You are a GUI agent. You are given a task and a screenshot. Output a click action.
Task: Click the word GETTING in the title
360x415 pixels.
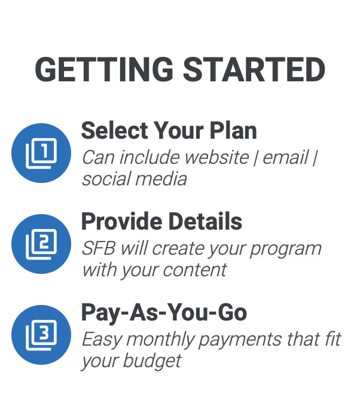pos(104,69)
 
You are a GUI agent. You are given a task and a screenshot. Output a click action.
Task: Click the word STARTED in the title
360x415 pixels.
pos(254,69)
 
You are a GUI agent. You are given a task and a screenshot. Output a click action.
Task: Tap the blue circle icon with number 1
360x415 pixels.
pos(41,153)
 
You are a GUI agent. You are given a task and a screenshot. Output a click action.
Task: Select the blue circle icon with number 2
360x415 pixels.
pos(41,244)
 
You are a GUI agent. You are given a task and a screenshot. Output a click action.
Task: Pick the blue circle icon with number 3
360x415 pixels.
pos(41,335)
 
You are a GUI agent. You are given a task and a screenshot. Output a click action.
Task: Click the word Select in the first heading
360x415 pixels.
pos(115,130)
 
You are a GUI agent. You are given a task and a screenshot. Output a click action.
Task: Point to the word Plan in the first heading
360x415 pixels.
pos(233,130)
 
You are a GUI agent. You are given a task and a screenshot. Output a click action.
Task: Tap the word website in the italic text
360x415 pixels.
pos(217,157)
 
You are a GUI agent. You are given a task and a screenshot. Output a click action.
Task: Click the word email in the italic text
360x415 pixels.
pos(286,157)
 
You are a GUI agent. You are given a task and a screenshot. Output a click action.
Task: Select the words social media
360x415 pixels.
pos(135,179)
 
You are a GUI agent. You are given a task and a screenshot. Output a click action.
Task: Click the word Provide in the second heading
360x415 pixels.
pos(122,221)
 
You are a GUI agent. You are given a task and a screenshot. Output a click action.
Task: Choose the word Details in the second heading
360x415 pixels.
pos(205,221)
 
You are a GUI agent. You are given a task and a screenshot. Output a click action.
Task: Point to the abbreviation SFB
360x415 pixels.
pos(99,248)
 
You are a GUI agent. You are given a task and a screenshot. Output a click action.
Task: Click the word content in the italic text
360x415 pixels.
pos(195,270)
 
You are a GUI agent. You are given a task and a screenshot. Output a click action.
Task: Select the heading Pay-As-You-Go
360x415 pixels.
pos(164,313)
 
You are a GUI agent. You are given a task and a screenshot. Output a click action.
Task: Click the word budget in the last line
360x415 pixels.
pos(152,362)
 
